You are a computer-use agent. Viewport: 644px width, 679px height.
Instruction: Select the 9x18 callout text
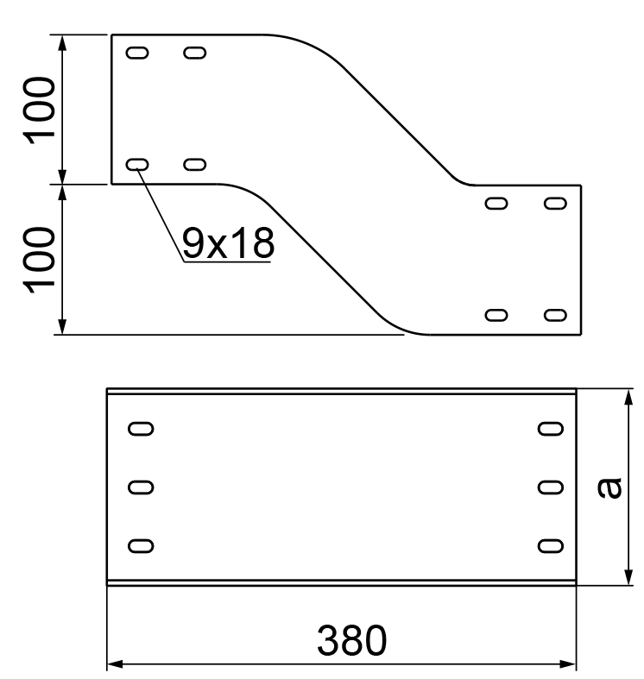(x=228, y=244)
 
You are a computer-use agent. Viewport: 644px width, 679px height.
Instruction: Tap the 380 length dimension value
(x=352, y=640)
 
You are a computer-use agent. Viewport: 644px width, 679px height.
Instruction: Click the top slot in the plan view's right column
(x=550, y=428)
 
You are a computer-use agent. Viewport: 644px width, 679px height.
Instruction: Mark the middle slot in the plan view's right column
(x=550, y=487)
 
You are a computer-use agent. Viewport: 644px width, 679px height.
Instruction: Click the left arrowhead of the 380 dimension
(x=113, y=664)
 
